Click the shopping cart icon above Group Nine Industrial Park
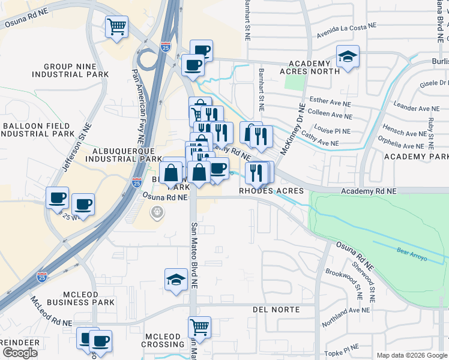pyautogui.click(x=116, y=26)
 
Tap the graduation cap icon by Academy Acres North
pyautogui.click(x=348, y=57)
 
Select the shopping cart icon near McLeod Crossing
pyautogui.click(x=199, y=328)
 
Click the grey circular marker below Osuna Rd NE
pyautogui.click(x=157, y=212)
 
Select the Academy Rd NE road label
pyautogui.click(x=369, y=191)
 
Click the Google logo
pyautogui.click(x=20, y=352)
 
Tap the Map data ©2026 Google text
pyautogui.click(x=412, y=355)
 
